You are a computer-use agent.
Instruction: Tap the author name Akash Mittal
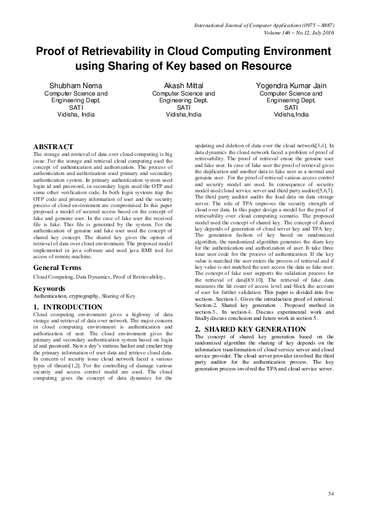[x=183, y=85]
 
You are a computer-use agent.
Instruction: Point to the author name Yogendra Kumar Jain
[x=292, y=85]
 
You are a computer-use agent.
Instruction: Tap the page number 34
[x=331, y=493]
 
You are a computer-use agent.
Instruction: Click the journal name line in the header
[x=268, y=26]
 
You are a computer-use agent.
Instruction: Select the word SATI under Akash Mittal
[x=183, y=107]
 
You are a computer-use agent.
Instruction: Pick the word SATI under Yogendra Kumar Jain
[x=292, y=107]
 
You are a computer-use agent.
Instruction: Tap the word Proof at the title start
[x=51, y=51]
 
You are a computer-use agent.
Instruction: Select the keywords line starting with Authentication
[x=85, y=296]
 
